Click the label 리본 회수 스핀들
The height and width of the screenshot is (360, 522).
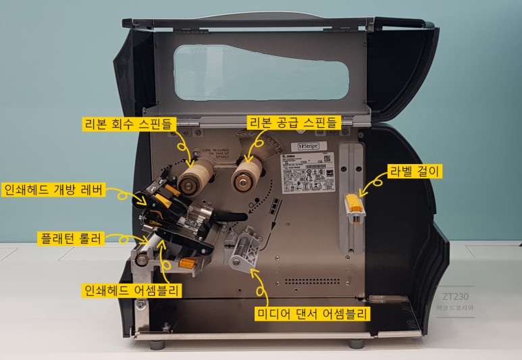[128, 123]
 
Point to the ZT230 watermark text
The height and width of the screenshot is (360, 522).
[456, 296]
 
